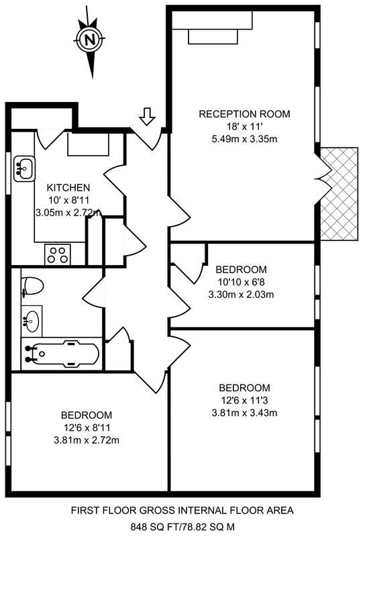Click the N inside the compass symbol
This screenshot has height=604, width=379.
[90, 39]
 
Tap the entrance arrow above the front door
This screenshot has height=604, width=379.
[147, 116]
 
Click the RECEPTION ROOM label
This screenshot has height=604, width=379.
[244, 114]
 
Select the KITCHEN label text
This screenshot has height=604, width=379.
[68, 188]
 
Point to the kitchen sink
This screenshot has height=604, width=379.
[24, 168]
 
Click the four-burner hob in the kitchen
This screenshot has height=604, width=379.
[58, 254]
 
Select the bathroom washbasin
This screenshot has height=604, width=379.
[32, 319]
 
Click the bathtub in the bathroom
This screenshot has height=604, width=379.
[62, 354]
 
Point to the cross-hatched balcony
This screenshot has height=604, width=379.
[339, 194]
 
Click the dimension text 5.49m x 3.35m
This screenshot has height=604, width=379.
[244, 139]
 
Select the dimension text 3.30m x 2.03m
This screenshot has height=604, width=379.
[241, 295]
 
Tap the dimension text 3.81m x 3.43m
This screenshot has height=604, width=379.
[244, 413]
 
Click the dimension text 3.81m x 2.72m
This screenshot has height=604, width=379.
[87, 440]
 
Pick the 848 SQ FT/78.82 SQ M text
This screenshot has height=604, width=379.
[182, 527]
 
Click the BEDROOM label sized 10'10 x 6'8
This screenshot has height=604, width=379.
[241, 270]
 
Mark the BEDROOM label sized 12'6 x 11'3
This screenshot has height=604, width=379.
[244, 388]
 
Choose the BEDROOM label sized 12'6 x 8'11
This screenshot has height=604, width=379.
[87, 415]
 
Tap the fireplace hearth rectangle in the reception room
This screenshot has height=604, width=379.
[213, 37]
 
